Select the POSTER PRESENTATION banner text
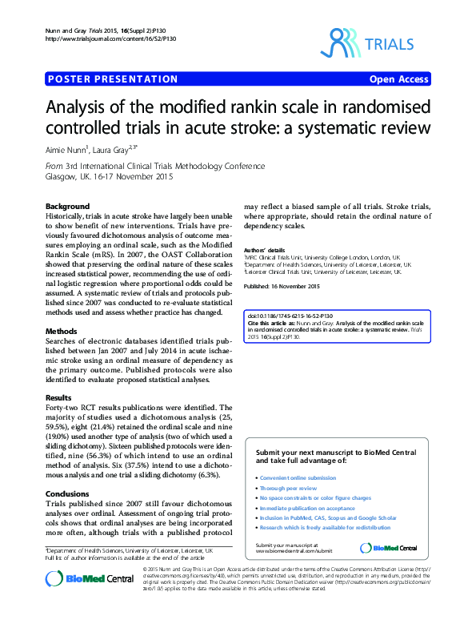[113, 79]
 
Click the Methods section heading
[61, 331]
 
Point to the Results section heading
[58, 397]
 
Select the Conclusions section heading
[67, 493]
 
